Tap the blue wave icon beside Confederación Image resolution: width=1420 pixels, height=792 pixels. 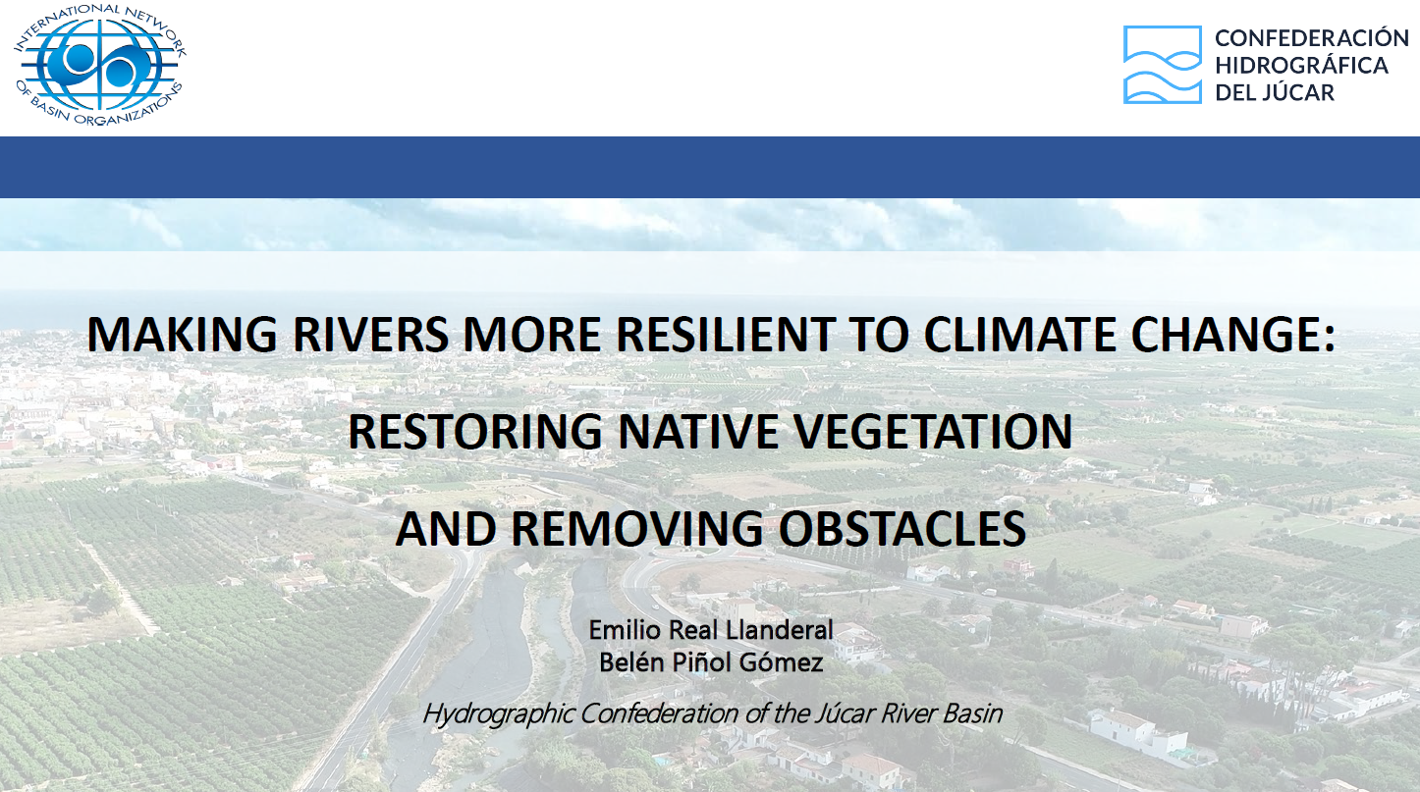pos(1163,65)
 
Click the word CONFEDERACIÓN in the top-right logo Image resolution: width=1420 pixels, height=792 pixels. pos(1311,38)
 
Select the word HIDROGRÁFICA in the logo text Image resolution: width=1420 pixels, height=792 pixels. pos(1301,66)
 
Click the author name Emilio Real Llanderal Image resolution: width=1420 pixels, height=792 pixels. pos(710,629)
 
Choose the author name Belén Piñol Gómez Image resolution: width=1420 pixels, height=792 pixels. pos(710,662)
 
